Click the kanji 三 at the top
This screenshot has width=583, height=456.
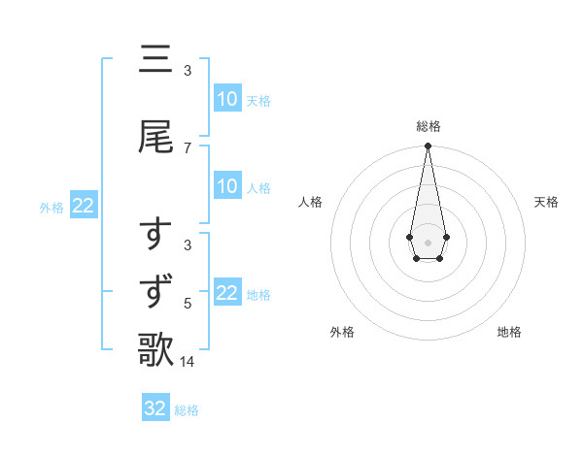(156, 61)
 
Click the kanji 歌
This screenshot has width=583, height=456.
(156, 350)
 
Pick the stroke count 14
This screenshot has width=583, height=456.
(188, 362)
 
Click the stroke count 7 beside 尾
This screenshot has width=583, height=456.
(187, 147)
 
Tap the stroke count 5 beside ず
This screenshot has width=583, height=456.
(187, 304)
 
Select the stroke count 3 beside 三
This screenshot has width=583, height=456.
(187, 71)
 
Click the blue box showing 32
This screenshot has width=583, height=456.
(155, 408)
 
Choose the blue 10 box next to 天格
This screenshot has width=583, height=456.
(227, 99)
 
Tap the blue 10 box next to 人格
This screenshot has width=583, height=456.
(227, 187)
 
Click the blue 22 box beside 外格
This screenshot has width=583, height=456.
(83, 206)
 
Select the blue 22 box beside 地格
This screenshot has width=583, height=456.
(227, 293)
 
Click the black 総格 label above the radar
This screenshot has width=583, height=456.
(428, 126)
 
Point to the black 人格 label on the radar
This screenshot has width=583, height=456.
(310, 202)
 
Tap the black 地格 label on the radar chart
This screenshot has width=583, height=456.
(509, 332)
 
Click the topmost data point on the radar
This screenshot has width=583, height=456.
(428, 147)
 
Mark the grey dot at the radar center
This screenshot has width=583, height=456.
(428, 241)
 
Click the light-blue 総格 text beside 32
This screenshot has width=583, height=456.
(187, 410)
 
